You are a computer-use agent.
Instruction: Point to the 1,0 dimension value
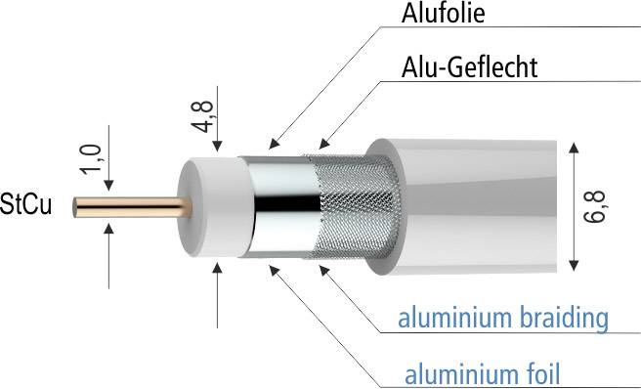click(x=92, y=158)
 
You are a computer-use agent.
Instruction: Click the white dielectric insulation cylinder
click(x=208, y=208)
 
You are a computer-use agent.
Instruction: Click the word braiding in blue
click(x=572, y=318)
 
